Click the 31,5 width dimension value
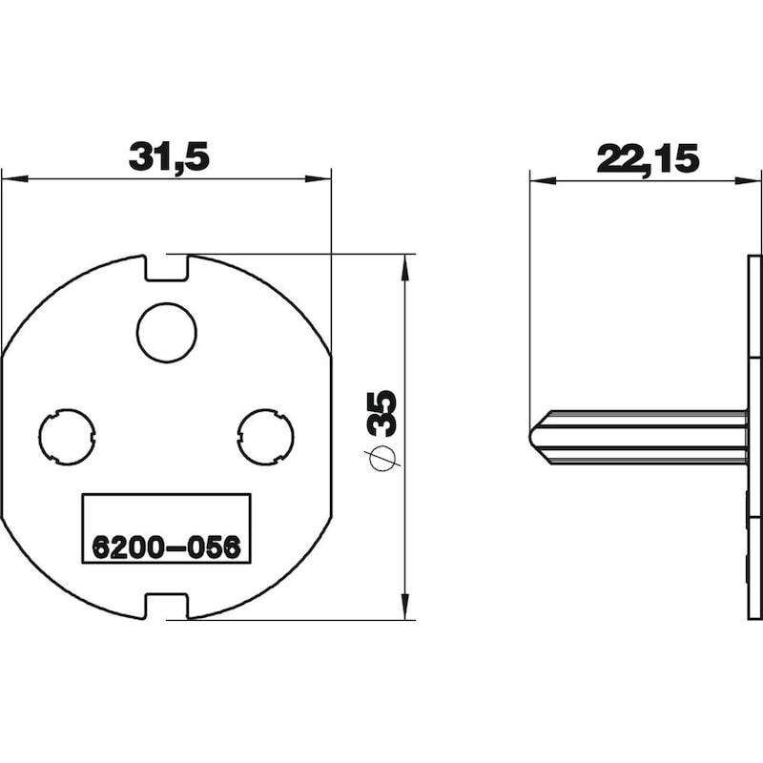point(169,156)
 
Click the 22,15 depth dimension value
point(648,158)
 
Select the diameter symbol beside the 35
point(383,459)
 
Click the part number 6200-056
point(166,546)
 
